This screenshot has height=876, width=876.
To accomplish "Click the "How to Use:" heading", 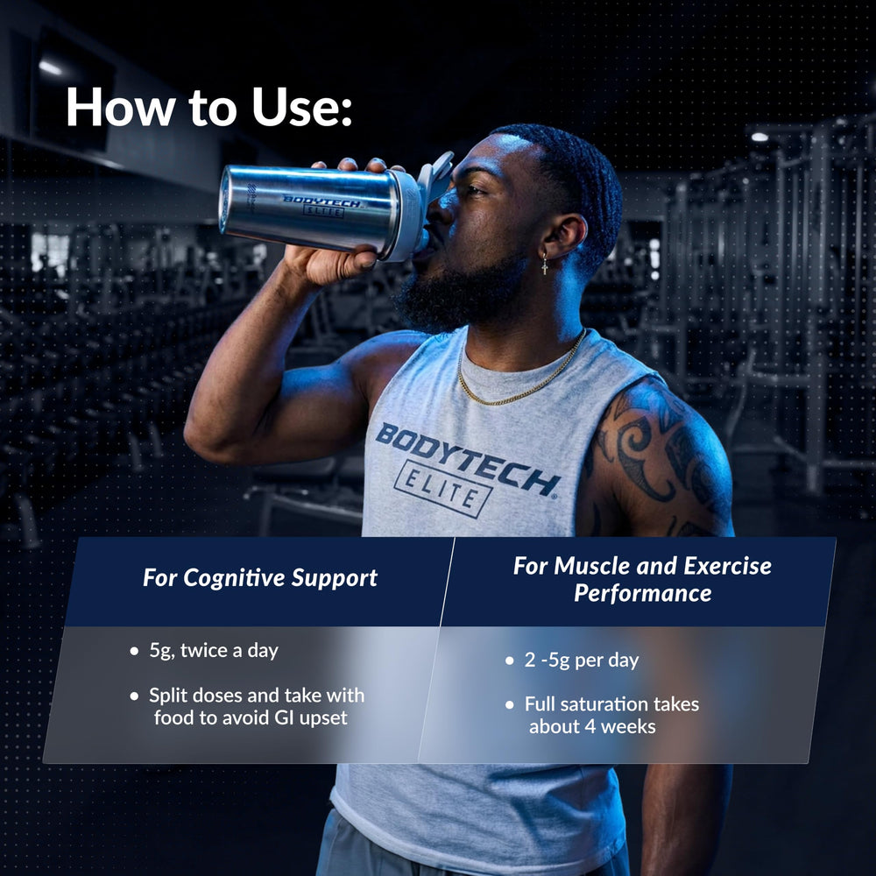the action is pos(209,107).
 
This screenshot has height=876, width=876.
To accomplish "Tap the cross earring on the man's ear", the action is pos(545,263).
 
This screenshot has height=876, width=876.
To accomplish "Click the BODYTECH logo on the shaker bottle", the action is pos(321,206).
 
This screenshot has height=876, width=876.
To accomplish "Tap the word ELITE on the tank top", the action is pos(442,488).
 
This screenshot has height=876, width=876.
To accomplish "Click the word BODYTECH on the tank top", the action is pos(467,459).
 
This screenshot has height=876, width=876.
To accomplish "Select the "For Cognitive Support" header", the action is pos(260,577).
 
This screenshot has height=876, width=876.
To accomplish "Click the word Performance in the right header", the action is pos(642,593).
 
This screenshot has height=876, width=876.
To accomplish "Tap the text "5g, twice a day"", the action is pos(214,651).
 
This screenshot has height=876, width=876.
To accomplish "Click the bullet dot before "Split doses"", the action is pos(134,696).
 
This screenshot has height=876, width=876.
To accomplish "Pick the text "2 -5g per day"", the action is pos(581,661).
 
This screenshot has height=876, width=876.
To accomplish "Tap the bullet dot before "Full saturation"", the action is pos(510,705).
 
